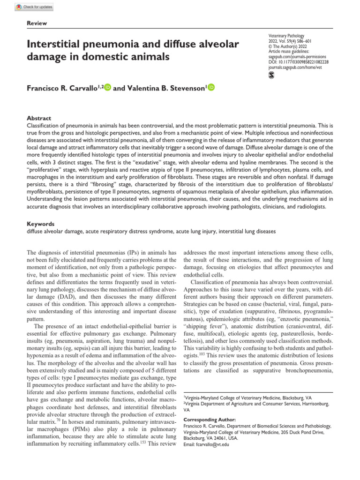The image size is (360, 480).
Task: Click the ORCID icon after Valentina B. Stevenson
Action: coord(210,87)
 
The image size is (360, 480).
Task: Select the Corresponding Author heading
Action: coord(210,419)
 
